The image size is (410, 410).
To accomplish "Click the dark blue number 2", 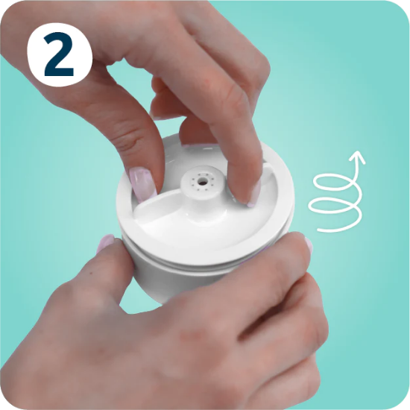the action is (x=59, y=54).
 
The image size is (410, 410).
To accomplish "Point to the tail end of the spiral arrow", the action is (x=318, y=230).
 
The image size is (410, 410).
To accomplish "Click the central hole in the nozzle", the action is (x=202, y=180).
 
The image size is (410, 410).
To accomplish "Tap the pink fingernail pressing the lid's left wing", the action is (x=143, y=184).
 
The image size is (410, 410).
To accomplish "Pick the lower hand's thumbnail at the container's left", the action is (x=106, y=243).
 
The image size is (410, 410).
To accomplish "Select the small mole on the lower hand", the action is (x=91, y=274).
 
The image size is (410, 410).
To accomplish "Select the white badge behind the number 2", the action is (x=60, y=54).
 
